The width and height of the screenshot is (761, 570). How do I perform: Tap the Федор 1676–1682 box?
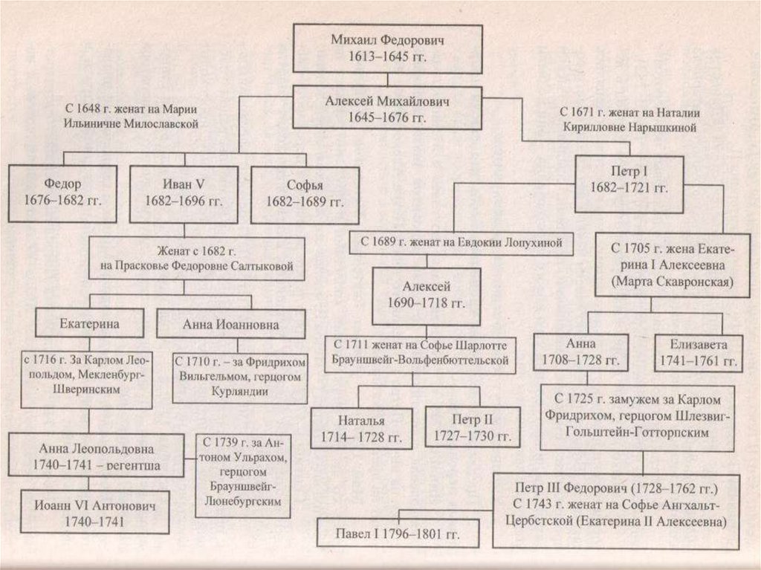(62, 192)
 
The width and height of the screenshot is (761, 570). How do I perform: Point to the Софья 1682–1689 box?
(305, 192)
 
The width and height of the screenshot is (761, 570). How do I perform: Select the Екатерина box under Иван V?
(90, 323)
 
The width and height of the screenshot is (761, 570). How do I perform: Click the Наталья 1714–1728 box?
(360, 427)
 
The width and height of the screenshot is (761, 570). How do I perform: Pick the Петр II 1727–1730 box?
(472, 427)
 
